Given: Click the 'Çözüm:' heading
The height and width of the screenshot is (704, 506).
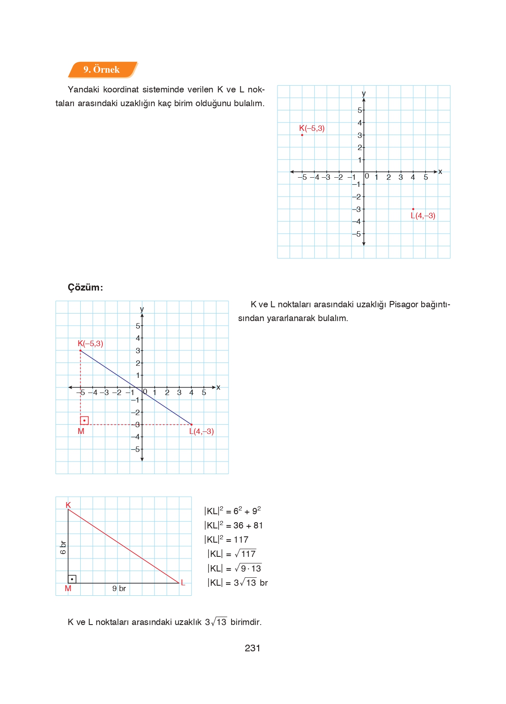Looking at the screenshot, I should pos(85,287).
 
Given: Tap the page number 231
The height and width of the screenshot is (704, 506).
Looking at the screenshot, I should pos(252,648).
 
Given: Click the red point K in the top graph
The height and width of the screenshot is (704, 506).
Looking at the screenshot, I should pos(302,135).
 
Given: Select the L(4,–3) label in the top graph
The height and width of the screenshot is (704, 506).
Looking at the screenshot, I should pos(423,216).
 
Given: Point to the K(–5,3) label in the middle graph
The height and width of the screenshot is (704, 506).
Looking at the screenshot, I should pos(90,344).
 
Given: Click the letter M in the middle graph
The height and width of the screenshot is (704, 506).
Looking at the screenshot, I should pos(81,431).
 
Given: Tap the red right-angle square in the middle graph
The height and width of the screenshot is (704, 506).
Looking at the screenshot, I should pos(84,420).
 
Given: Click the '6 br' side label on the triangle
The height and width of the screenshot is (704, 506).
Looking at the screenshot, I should pos(63,547).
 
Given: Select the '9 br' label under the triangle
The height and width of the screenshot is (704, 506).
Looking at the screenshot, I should pos(119,588).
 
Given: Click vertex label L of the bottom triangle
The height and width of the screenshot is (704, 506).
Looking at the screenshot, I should pos(183,582).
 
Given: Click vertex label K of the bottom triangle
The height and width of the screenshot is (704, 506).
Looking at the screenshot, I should pos(69,505).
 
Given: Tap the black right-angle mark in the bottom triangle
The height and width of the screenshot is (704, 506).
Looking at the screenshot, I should pos(72,579).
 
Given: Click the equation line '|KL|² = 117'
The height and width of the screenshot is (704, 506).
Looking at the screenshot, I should pos(226,540).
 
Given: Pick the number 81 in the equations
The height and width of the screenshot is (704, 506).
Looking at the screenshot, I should pos(258,525).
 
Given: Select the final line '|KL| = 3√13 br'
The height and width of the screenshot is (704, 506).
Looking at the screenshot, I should pos(237,583).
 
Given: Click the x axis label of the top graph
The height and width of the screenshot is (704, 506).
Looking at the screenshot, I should pos(440,171).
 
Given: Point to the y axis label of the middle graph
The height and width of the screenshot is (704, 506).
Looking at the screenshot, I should pos(142,309).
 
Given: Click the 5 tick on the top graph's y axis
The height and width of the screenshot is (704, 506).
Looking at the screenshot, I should pos(359,110).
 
